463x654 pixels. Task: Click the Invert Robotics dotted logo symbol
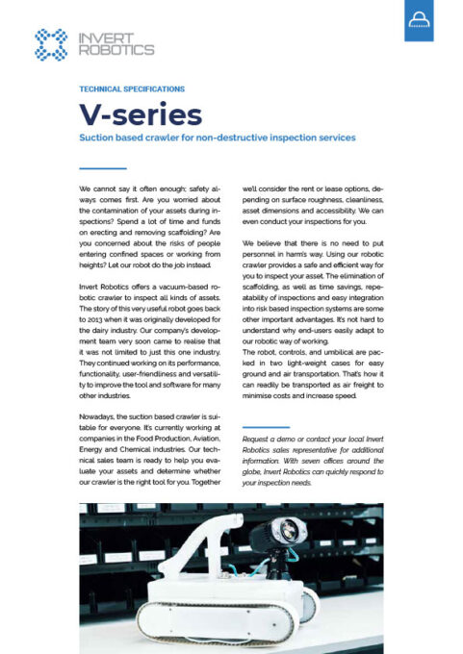[49, 43]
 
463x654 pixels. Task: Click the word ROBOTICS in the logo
[116, 49]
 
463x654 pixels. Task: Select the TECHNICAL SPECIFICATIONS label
[132, 88]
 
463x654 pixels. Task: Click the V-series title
[140, 114]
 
